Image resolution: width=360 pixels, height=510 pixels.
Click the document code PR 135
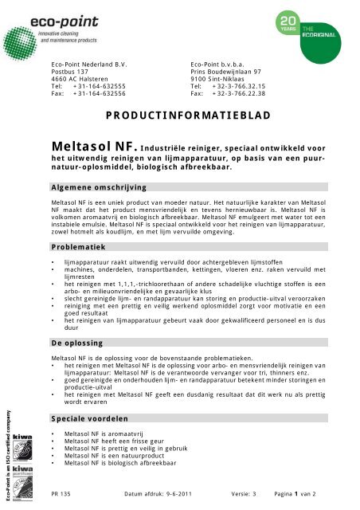pyautogui.click(x=61, y=493)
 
